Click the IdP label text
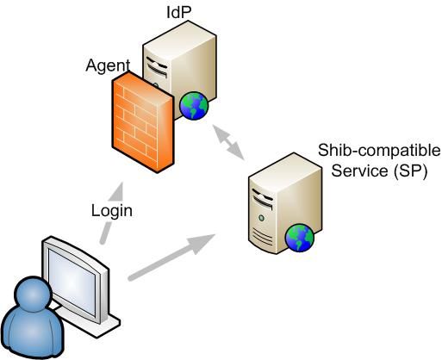(179, 12)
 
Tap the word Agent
(108, 65)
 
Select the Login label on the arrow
(112, 211)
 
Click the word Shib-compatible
(379, 151)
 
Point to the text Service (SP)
(379, 171)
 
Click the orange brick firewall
(143, 122)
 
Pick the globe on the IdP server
(194, 105)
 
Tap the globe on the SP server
(300, 238)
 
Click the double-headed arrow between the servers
(228, 142)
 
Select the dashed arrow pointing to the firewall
(111, 213)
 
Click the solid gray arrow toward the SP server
(171, 257)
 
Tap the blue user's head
(33, 293)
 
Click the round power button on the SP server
(261, 218)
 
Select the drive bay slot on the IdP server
(157, 66)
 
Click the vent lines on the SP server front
(262, 236)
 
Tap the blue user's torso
(32, 332)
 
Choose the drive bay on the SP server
(263, 199)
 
